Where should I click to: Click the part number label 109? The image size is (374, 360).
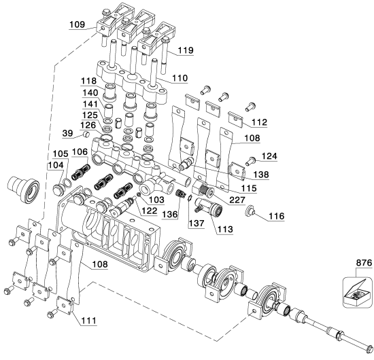[x=77, y=24]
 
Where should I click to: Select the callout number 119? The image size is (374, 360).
[x=186, y=50]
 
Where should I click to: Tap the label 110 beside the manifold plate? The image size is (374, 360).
[x=180, y=78]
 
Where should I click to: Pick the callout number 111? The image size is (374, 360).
[x=88, y=321]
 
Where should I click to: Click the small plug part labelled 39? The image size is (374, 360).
[x=86, y=134]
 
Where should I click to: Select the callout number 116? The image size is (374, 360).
[x=277, y=216]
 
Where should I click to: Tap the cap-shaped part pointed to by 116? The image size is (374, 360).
[x=250, y=210]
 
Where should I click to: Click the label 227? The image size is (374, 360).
[x=237, y=200]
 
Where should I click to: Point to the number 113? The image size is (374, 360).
[x=225, y=229]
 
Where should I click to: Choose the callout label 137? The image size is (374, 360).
[x=197, y=223]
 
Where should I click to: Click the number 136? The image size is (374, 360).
[x=170, y=215]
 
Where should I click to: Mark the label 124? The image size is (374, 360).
[x=269, y=156]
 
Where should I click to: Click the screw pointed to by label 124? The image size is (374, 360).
[x=250, y=161]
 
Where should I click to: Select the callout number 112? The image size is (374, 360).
[x=260, y=122]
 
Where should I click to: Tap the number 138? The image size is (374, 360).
[x=261, y=175]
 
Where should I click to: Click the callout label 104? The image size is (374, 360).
[x=56, y=165]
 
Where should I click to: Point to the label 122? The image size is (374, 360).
[x=150, y=211]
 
